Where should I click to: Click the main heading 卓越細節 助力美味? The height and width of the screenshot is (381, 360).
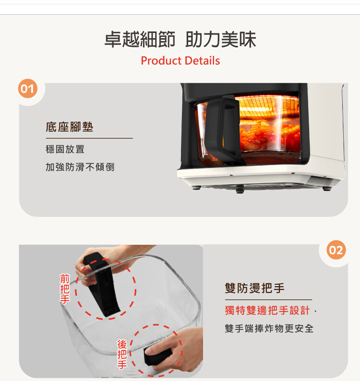point(180,39)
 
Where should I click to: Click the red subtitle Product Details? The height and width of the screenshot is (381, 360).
point(180,61)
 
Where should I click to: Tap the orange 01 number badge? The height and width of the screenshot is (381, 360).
point(28,88)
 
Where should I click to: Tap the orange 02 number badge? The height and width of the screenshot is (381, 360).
point(336,250)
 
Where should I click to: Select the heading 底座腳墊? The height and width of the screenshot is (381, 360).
point(70,127)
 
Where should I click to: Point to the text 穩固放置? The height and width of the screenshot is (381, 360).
point(65,149)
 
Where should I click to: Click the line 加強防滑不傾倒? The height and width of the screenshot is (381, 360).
point(80,167)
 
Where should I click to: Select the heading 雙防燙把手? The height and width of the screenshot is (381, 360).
point(255,288)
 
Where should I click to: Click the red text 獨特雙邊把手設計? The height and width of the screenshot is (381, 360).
point(267,310)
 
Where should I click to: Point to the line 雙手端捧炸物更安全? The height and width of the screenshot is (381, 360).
point(269,329)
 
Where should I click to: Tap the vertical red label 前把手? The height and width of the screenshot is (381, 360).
point(65,289)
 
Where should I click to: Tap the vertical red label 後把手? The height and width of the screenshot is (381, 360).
point(122,354)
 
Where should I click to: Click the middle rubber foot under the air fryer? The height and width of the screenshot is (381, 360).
point(240,189)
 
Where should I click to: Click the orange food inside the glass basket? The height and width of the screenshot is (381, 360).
point(269,136)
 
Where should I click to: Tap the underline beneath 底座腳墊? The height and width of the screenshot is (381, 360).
point(89,138)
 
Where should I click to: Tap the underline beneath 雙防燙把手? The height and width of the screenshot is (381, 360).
point(268,300)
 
